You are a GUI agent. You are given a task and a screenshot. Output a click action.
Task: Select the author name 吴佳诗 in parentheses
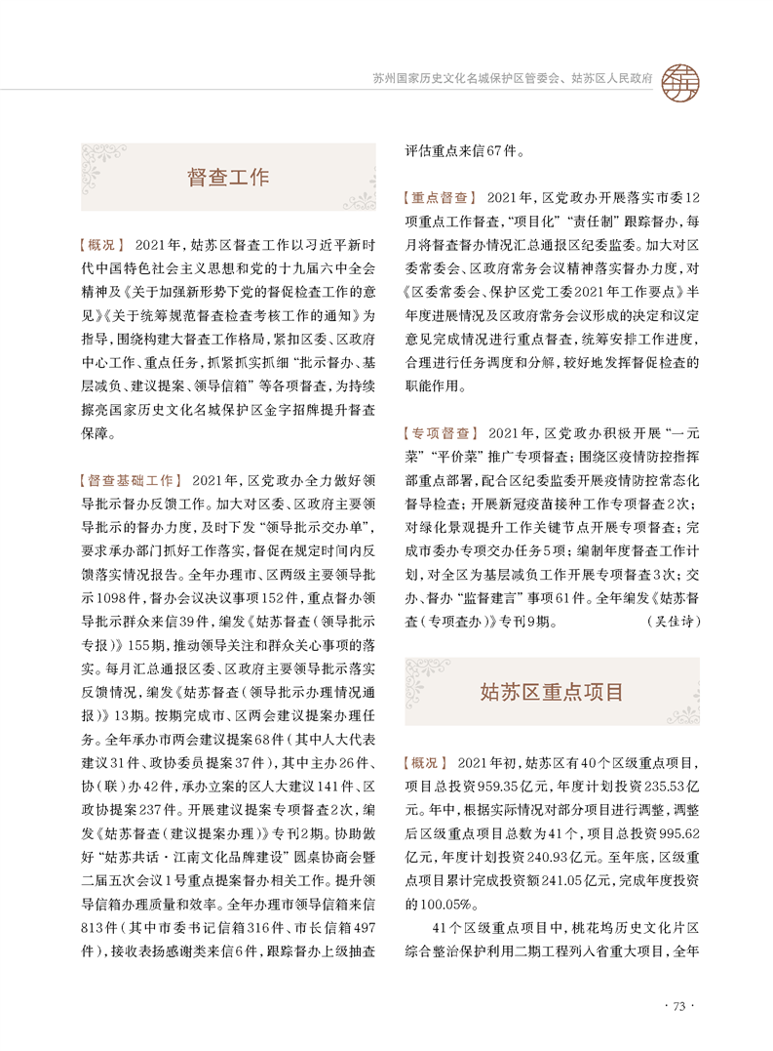point(672,621)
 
